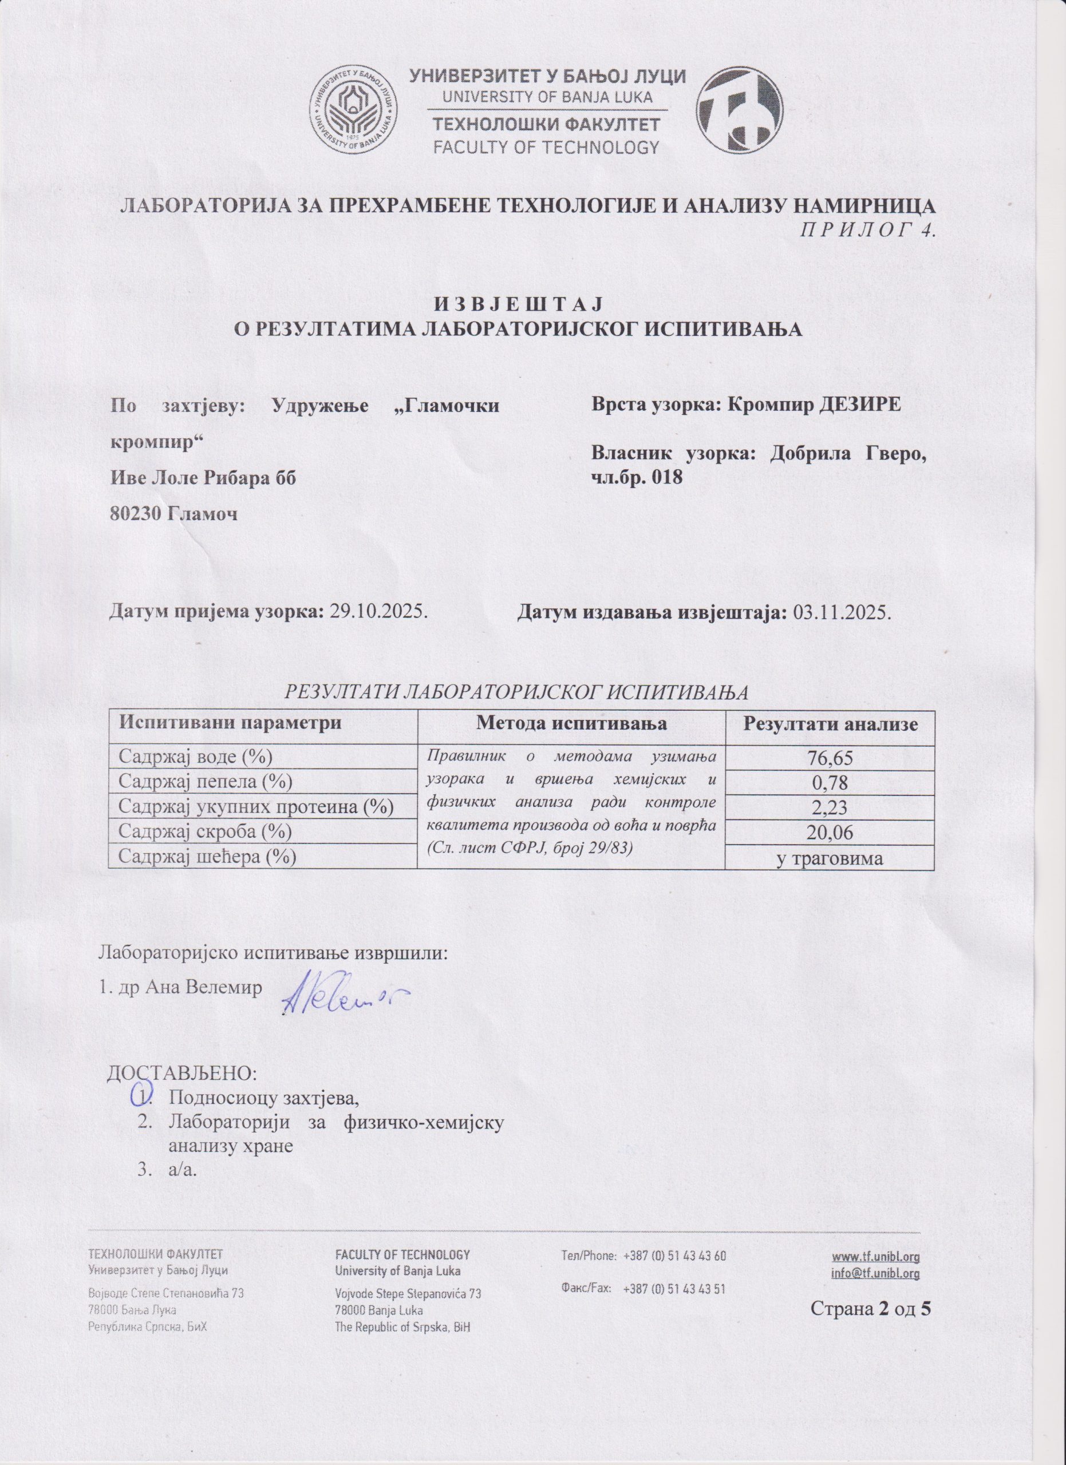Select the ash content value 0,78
pyautogui.click(x=830, y=783)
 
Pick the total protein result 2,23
pyautogui.click(x=830, y=808)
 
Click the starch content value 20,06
pyautogui.click(x=830, y=833)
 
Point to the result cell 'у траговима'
pyautogui.click(x=830, y=858)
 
